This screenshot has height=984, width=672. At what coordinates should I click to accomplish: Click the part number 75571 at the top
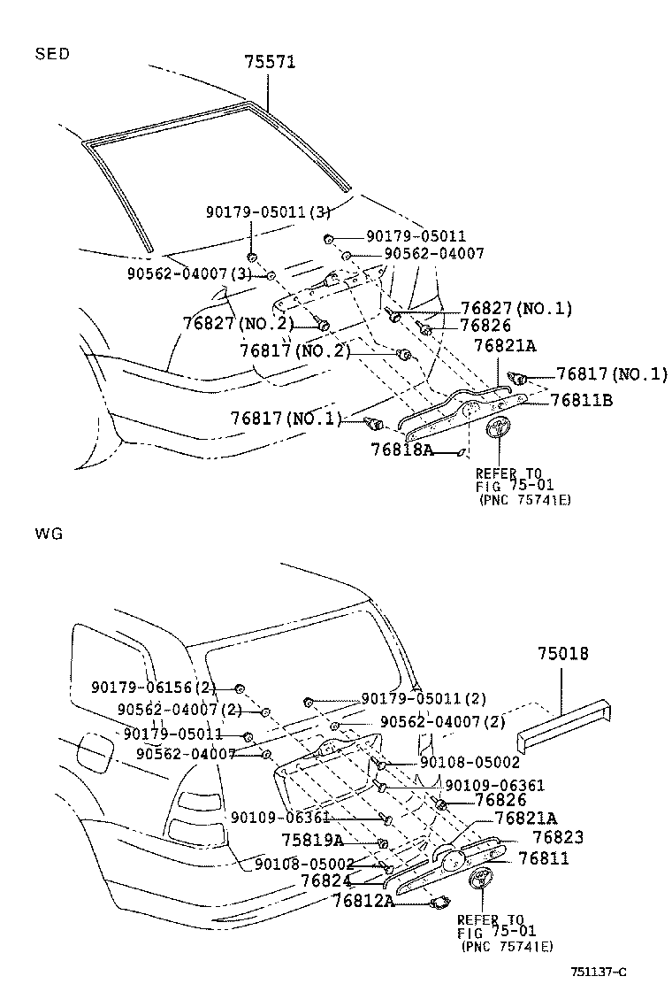270,62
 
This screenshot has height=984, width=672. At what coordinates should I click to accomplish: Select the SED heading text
51,54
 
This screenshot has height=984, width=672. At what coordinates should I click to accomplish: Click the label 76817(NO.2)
294,350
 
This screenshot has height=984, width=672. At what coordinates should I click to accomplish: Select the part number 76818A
401,450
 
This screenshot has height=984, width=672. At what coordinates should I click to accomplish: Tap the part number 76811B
581,400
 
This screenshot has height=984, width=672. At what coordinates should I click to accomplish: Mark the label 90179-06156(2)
152,688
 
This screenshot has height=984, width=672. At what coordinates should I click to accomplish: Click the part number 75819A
312,840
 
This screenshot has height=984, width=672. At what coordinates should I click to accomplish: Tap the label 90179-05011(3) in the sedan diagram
256,212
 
